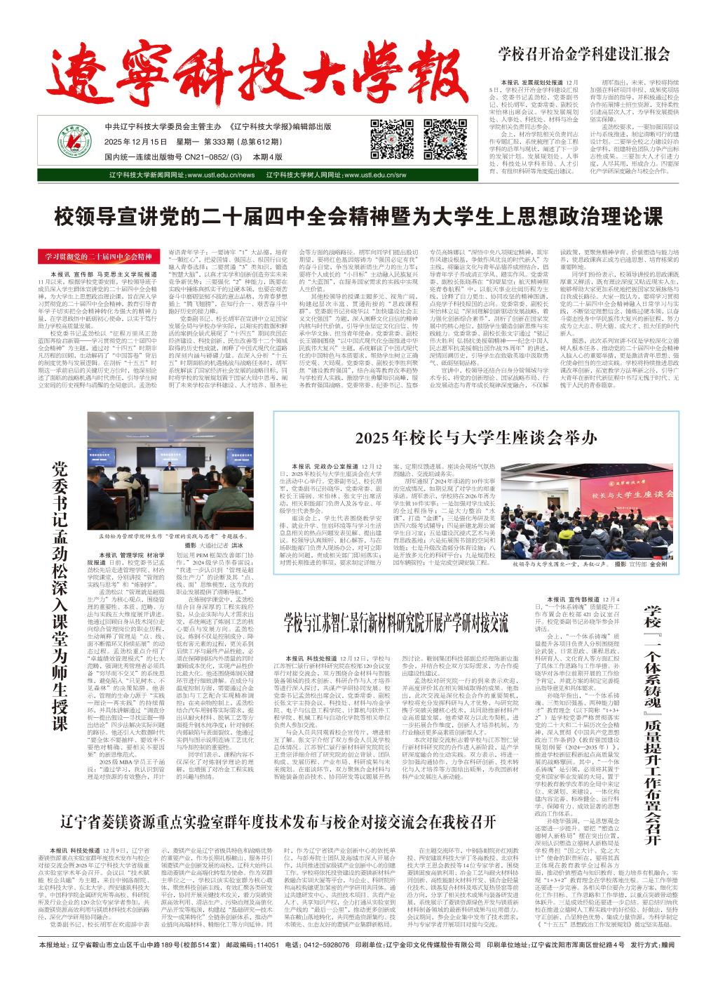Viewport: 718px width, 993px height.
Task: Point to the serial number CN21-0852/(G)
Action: (213, 158)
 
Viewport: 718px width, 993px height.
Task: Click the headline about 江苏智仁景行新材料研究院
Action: (395, 622)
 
